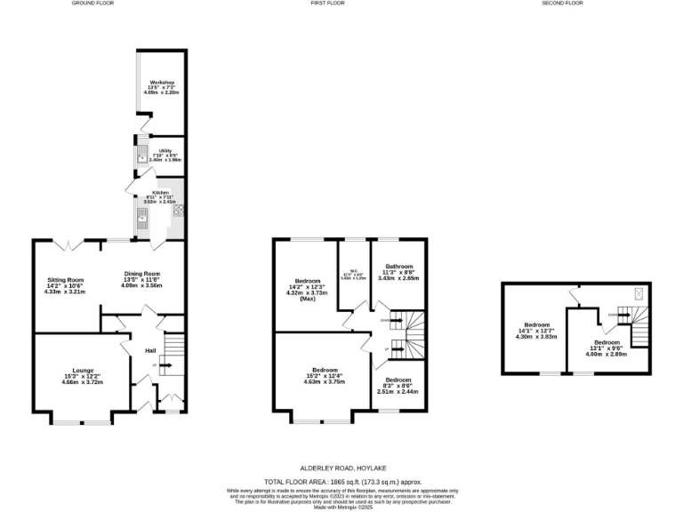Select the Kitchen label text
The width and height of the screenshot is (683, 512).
click(x=161, y=193)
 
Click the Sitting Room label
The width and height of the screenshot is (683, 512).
click(x=65, y=280)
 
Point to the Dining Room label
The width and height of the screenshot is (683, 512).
click(x=142, y=274)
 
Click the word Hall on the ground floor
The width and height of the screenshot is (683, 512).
click(x=150, y=350)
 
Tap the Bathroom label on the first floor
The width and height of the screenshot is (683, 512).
click(x=399, y=267)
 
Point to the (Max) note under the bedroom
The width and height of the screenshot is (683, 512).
click(x=308, y=299)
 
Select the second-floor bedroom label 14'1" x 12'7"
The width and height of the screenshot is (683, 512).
click(x=536, y=330)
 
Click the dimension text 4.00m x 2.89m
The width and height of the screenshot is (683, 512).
click(x=607, y=353)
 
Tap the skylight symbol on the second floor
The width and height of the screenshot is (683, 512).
click(x=638, y=293)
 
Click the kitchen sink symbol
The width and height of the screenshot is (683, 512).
click(x=141, y=216)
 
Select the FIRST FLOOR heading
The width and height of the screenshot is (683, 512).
click(x=328, y=4)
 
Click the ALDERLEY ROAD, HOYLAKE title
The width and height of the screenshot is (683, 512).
click(x=342, y=467)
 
